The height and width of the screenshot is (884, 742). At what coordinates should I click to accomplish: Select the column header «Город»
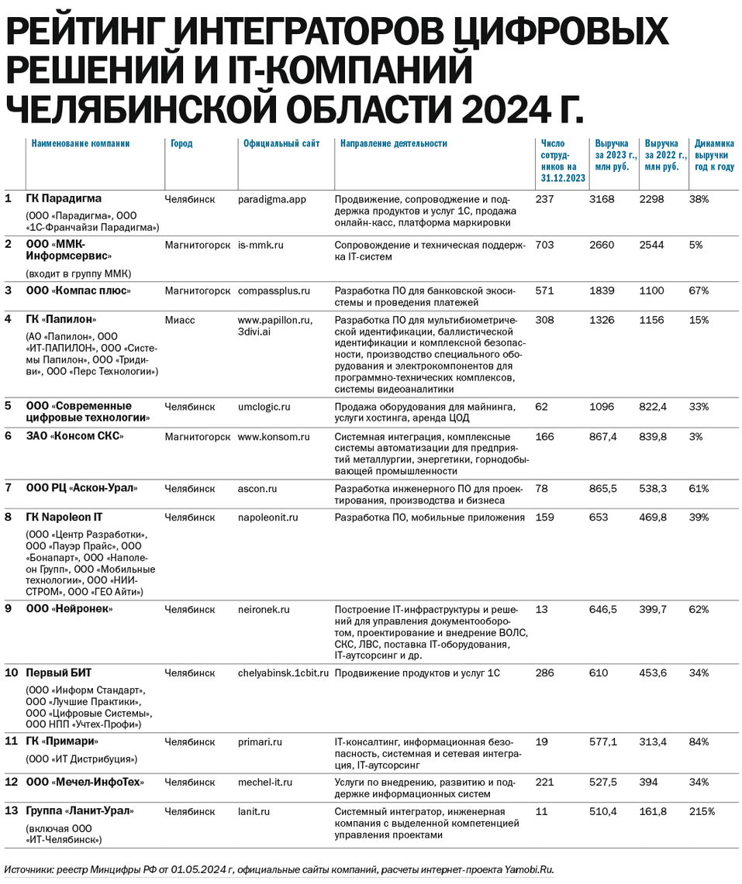coord(181,143)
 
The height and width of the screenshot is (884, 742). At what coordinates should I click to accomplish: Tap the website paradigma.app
coord(272,199)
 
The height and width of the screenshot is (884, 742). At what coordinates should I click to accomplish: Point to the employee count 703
coord(546,245)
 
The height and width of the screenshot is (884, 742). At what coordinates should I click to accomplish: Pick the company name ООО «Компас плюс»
coord(78,291)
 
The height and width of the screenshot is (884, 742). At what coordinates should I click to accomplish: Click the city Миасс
coord(180,319)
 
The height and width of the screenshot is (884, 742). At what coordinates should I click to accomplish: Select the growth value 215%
coord(702,811)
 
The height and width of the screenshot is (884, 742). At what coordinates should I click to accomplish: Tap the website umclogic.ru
coord(264,406)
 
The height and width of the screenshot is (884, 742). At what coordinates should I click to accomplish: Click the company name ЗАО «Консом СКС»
coord(74,436)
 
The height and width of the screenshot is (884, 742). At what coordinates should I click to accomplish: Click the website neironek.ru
coord(264,610)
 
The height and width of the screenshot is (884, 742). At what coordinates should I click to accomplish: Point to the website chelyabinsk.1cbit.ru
coord(284,672)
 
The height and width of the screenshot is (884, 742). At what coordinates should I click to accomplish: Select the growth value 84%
coord(699,741)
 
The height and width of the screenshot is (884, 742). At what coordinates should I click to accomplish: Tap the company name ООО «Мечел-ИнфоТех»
coord(85,782)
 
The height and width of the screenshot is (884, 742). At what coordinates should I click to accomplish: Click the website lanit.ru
coord(254,811)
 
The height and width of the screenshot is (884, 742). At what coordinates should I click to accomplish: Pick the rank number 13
coord(11,811)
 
